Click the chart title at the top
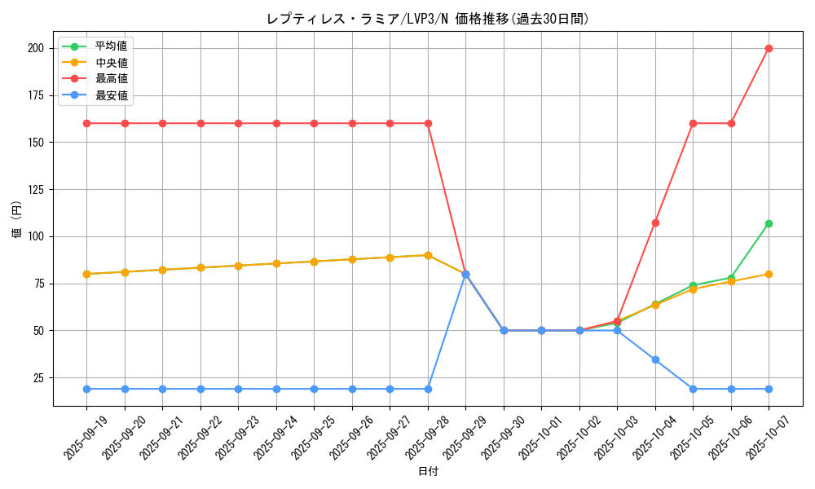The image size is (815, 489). (x=427, y=19)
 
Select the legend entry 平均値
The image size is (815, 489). (x=111, y=46)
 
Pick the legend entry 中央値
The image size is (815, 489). (x=111, y=62)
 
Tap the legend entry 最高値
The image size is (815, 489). (x=111, y=78)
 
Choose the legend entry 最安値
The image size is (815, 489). (x=111, y=95)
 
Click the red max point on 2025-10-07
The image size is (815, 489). (x=769, y=48)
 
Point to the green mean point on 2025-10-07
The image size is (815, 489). (x=769, y=223)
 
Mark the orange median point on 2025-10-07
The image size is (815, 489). (x=769, y=274)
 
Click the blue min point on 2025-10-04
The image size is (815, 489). (x=655, y=359)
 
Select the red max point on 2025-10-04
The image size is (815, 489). (x=655, y=222)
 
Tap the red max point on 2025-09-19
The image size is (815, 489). (x=86, y=123)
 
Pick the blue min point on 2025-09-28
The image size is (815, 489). (x=428, y=389)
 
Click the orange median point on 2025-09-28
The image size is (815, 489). (x=428, y=255)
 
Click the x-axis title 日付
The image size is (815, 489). (x=428, y=472)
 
